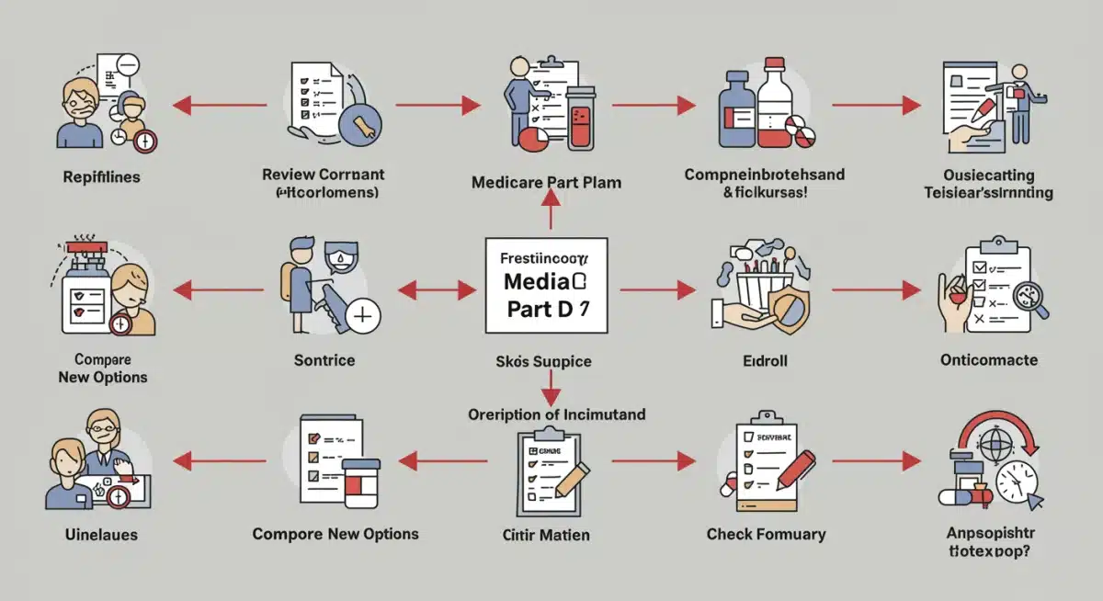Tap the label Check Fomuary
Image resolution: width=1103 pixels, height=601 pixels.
point(766,534)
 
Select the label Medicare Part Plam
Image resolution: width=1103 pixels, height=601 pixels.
point(546,182)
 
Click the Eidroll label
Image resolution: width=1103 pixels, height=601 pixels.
point(767,360)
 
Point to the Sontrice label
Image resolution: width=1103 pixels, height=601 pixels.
point(324,360)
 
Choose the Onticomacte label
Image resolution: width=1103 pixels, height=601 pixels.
point(988,360)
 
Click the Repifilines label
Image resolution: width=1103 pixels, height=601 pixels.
point(102,176)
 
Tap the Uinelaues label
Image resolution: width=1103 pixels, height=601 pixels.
point(102,534)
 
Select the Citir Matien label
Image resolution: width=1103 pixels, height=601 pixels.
point(546,535)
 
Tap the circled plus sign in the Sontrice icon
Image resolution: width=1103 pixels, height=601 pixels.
point(363,316)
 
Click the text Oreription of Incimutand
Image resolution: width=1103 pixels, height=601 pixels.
point(556,414)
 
